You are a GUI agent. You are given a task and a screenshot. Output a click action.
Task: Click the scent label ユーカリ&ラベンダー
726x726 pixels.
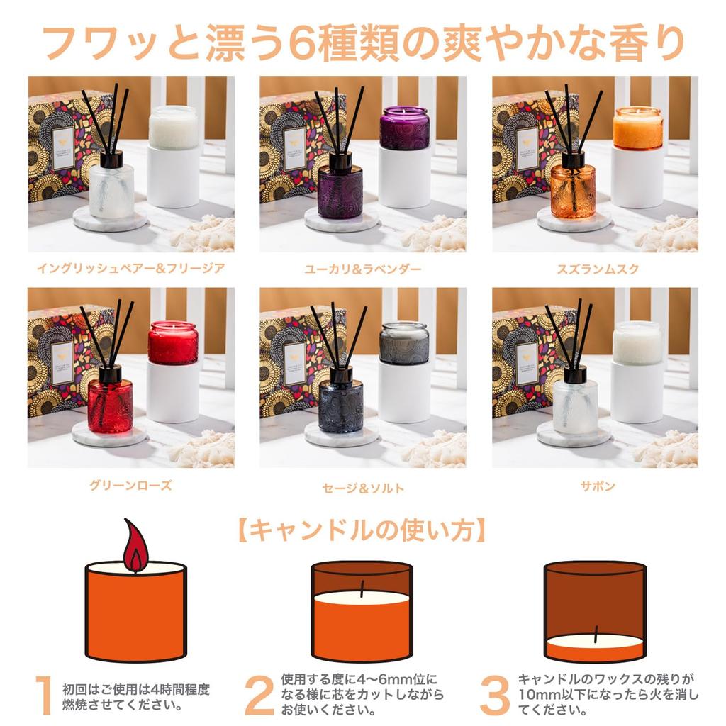(363, 269)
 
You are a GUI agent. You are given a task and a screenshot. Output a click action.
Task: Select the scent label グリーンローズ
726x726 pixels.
(130, 486)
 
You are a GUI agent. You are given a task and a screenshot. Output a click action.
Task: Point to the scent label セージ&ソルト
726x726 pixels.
(363, 488)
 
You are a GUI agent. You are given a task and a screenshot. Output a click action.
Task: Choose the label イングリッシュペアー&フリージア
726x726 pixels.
(131, 269)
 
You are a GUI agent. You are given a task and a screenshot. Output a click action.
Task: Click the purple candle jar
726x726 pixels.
(404, 128)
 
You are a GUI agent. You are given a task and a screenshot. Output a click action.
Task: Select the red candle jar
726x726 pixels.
(172, 343)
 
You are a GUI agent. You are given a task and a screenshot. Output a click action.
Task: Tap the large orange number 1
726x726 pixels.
(44, 695)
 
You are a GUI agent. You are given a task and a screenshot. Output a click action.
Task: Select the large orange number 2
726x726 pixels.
(259, 695)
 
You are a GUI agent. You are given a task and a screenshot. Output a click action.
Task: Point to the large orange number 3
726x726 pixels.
(494, 695)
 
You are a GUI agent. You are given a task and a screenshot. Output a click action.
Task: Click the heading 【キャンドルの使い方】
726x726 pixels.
(362, 530)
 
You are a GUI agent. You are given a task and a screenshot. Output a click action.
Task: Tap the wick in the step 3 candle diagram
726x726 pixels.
(596, 632)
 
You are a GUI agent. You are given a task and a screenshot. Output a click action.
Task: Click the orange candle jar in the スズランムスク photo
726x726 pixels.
(638, 128)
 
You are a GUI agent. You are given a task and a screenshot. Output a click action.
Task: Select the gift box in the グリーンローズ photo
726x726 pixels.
(60, 362)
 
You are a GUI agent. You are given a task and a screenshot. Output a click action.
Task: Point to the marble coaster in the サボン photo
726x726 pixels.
(573, 435)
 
